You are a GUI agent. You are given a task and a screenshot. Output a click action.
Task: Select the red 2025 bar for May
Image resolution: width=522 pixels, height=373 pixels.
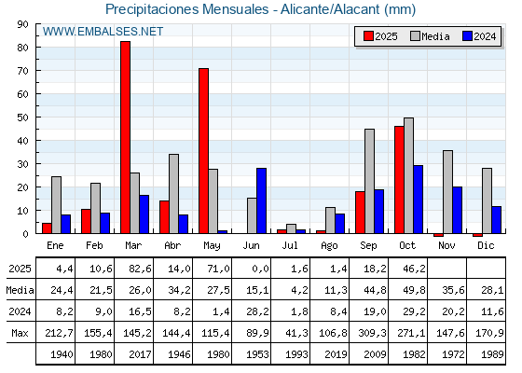(x=203, y=150)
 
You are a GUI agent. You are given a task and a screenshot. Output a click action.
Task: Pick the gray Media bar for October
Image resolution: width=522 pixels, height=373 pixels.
(x=408, y=175)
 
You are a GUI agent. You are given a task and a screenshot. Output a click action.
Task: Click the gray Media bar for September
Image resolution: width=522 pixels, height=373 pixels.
(x=369, y=181)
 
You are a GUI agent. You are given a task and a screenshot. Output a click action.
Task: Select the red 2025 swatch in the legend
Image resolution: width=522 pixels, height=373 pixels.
(x=368, y=36)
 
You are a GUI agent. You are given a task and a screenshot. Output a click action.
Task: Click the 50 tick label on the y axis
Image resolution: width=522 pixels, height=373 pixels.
(x=23, y=117)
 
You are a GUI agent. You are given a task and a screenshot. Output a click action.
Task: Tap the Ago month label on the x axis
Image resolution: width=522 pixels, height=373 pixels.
(x=330, y=244)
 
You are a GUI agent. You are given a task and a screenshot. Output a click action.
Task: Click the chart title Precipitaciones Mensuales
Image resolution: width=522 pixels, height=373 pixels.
(x=260, y=9)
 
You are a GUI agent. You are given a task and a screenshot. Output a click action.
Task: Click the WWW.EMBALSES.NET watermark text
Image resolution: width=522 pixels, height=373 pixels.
(x=103, y=32)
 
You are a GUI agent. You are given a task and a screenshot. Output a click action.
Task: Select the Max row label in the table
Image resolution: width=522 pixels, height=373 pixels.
(x=18, y=333)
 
